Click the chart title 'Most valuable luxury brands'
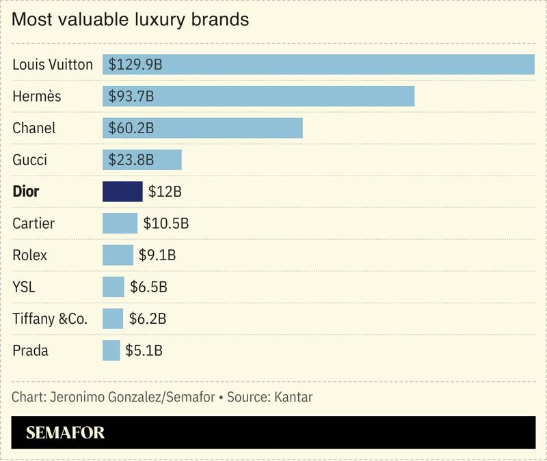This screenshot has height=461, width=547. pos(130,20)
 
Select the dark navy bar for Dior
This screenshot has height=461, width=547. pos(122,191)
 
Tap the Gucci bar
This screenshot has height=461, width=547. pos(142,160)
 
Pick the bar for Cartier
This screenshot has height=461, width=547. pos(120,223)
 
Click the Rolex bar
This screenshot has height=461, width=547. pos(118,255)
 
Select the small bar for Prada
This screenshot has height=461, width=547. pos(111,350)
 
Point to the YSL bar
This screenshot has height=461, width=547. pos(114,287)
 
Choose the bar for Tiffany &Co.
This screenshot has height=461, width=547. pos(113,318)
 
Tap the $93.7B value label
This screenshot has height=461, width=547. pos(131,96)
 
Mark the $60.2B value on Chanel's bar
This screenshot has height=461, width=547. pos(131,128)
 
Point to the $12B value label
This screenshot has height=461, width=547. pos(165,192)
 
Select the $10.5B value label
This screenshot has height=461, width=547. pos(165,223)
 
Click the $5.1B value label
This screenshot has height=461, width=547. pos(144,351)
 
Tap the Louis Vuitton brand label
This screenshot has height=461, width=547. pos(53,65)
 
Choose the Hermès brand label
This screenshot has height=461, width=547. pos(37,96)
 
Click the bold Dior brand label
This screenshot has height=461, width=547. pos(26,192)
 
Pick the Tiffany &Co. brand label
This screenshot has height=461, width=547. pos(50,319)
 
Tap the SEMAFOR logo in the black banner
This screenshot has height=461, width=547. pos(65,432)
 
